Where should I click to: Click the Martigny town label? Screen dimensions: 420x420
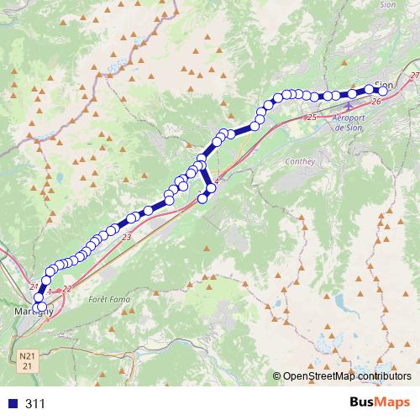click(34, 312)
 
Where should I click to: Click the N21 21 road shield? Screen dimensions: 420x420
click(27, 362)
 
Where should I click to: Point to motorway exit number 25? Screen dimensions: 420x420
click(312, 117)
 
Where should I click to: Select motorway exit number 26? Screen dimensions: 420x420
click(375, 102)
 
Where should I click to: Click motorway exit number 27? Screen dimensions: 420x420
click(414, 76)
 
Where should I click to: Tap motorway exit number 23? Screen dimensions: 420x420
click(127, 239)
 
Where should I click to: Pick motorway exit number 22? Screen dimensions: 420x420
click(67, 288)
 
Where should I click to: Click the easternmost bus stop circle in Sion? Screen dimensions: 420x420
click(384, 90)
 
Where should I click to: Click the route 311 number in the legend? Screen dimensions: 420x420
click(35, 404)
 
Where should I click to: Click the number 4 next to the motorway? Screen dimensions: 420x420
click(216, 181)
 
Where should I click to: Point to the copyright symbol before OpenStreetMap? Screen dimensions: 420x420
click(277, 376)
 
